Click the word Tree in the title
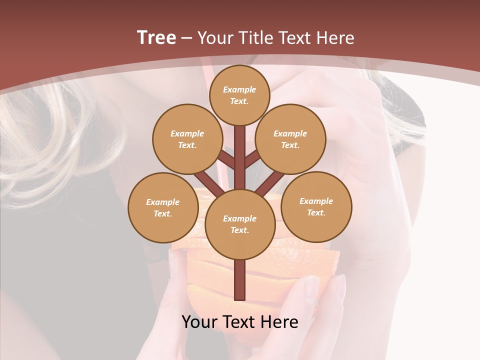tap(156, 38)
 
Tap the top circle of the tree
tap(239, 95)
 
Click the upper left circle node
tap(187, 139)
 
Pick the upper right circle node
tap(290, 139)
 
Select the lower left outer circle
tap(163, 207)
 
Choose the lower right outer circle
tap(316, 206)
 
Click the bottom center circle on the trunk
tap(239, 224)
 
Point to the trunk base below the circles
tap(239, 280)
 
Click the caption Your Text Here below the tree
tap(240, 322)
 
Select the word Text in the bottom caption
tap(241, 322)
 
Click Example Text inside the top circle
tap(239, 95)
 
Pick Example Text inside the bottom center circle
tap(239, 224)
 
